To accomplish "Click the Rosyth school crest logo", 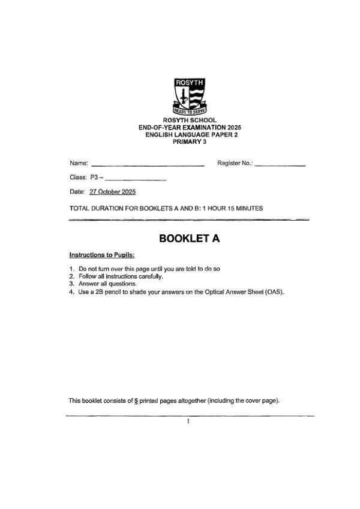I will click(x=189, y=96).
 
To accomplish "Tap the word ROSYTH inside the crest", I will click(x=189, y=82).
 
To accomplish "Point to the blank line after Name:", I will click(x=147, y=164).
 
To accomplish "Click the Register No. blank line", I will click(x=280, y=164).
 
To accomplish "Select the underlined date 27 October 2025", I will click(x=112, y=192).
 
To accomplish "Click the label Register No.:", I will click(x=235, y=162).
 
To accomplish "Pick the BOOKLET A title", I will click(x=189, y=239).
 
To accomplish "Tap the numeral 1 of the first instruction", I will click(x=71, y=269).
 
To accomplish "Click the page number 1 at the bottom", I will click(x=188, y=421).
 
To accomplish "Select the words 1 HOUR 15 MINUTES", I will click(x=232, y=208).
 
